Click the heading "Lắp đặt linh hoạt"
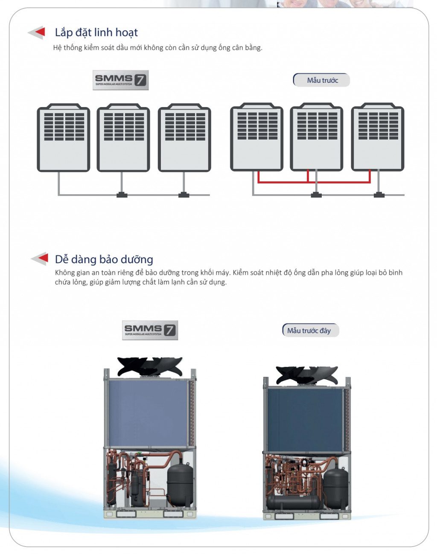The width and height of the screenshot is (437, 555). click(x=96, y=33)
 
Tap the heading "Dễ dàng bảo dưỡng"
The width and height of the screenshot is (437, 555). click(x=104, y=259)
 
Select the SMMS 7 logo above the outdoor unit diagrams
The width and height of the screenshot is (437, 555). click(x=120, y=80)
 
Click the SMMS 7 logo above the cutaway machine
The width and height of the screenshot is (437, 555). click(x=150, y=330)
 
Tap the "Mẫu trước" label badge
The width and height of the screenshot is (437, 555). click(x=321, y=80)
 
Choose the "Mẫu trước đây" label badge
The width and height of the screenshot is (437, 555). click(x=311, y=330)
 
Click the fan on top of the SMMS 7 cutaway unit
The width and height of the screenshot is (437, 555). click(x=150, y=366)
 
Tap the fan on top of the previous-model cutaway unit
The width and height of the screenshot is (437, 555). click(x=307, y=375)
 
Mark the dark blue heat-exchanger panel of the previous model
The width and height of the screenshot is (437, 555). click(x=305, y=420)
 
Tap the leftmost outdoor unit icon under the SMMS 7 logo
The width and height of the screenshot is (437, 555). click(x=64, y=137)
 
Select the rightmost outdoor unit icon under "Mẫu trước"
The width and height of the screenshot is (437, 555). click(x=378, y=137)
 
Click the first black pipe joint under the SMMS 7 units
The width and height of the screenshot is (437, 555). click(x=122, y=195)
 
